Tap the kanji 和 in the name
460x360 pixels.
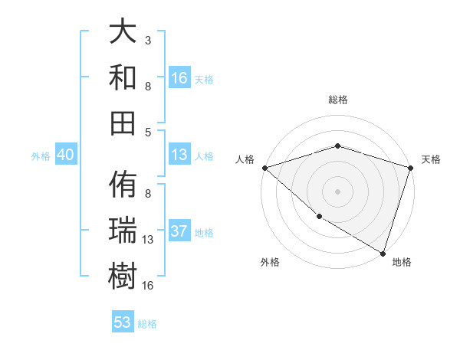pos(123,77)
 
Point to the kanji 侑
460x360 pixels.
pos(123,186)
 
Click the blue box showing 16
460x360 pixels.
pos(179,78)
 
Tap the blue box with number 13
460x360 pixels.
pos(179,155)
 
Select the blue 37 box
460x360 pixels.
pos(179,231)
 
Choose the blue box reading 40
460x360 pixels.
pos(65,155)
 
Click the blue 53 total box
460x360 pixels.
pos(123,322)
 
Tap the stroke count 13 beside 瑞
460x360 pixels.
pos(148,240)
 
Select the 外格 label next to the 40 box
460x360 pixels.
pos(41,156)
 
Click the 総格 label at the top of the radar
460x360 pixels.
pos(337,100)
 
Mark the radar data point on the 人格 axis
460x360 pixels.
pos(264,167)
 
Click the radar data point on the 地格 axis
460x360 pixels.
pos(383,253)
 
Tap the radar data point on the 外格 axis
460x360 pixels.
pos(319,217)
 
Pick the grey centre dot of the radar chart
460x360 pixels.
pos(337,191)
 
